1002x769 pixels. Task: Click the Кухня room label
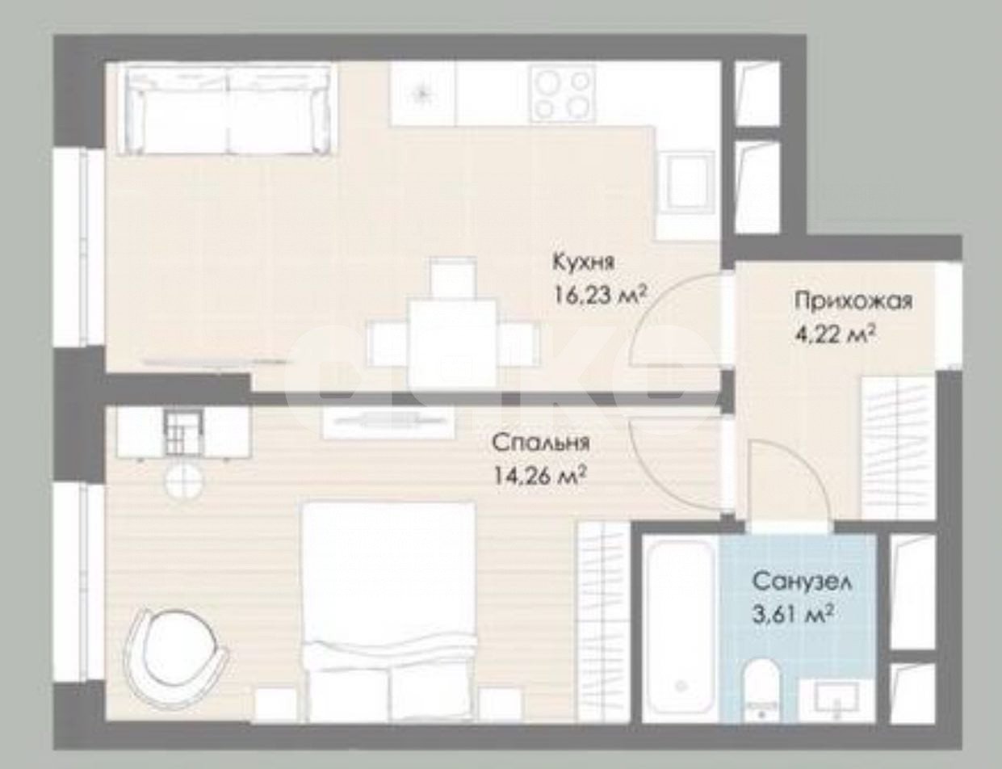coord(584,262)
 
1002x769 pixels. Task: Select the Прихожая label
coord(853,302)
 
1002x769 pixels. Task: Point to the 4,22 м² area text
coord(836,334)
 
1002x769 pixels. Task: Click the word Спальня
coord(541,443)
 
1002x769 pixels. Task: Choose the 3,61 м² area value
coord(792,615)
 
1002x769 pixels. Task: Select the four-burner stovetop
coord(562,93)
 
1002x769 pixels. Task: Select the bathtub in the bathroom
coord(681,628)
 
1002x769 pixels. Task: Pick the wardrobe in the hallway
coord(898,448)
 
